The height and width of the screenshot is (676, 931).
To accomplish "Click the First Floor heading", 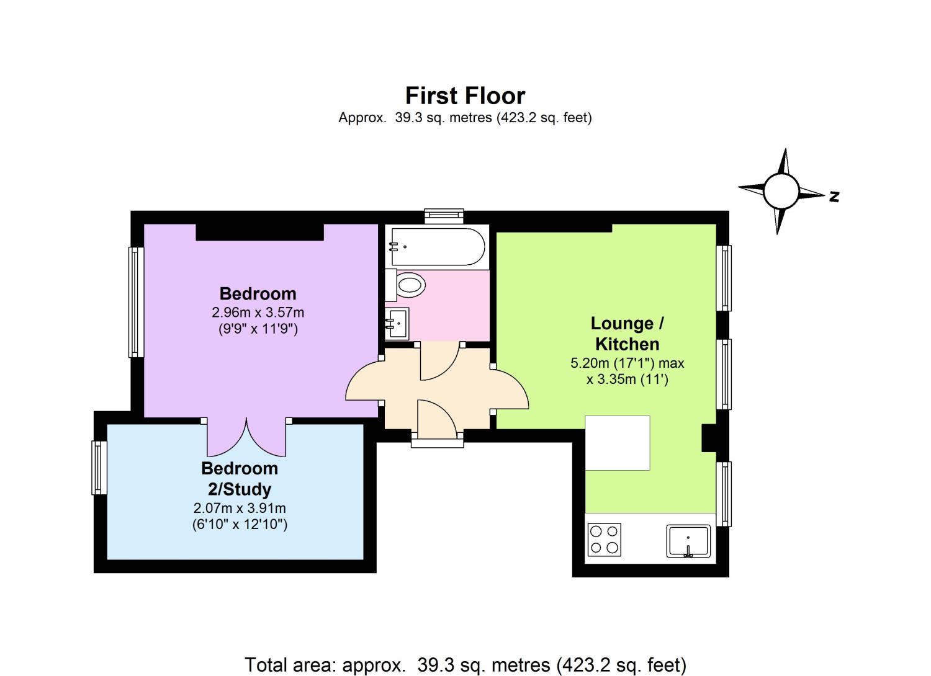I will coord(465,96).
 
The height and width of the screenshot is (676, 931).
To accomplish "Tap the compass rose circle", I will coord(781,192).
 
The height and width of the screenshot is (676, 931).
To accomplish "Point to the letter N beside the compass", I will coord(834,197).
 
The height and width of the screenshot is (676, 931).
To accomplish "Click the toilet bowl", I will coord(410,285).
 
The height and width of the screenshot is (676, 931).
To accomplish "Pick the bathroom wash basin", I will coord(397,324).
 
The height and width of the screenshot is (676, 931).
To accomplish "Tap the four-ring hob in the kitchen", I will coord(604,540).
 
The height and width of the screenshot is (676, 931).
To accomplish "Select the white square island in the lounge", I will coord(618,443).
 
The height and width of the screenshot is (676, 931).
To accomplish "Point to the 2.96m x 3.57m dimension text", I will coord(258,312).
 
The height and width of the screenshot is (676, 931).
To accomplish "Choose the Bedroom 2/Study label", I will coord(240,479).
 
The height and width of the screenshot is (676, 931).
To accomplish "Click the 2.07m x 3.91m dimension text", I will coord(240,508).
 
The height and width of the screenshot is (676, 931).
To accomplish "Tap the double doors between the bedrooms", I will coord(246,437).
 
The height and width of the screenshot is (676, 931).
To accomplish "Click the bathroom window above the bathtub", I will coord(444,215).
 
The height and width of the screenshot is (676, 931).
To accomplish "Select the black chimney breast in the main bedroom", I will coord(259,232).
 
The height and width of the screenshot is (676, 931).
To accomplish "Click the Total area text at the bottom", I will coord(465,665).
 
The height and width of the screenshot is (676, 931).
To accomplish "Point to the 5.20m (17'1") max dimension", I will coord(627,363).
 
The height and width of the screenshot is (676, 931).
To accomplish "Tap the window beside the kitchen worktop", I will coord(724,494).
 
